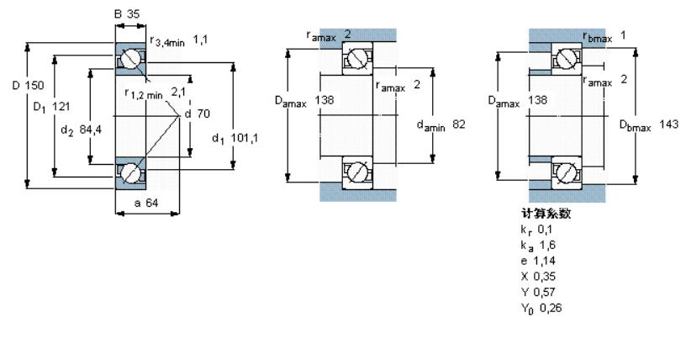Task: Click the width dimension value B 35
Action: tap(127, 14)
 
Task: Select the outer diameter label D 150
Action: tap(28, 85)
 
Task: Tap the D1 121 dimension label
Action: tap(51, 107)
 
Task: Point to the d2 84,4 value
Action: tap(81, 130)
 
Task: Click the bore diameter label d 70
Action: tap(198, 114)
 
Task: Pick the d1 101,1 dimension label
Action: tap(235, 139)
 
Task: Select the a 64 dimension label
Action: tap(146, 203)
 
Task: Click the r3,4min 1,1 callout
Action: tap(179, 40)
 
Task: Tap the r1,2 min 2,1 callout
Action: tap(156, 93)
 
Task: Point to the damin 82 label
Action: tap(441, 125)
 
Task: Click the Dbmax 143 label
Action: tap(649, 125)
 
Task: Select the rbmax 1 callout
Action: tap(604, 36)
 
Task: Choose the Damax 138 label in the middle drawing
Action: tap(304, 101)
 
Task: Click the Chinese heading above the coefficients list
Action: tap(546, 214)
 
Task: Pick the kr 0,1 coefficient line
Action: tap(536, 230)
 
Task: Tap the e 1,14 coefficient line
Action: tap(538, 261)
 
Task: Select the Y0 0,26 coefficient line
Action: tap(541, 309)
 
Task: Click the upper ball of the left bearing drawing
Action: tap(130, 60)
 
